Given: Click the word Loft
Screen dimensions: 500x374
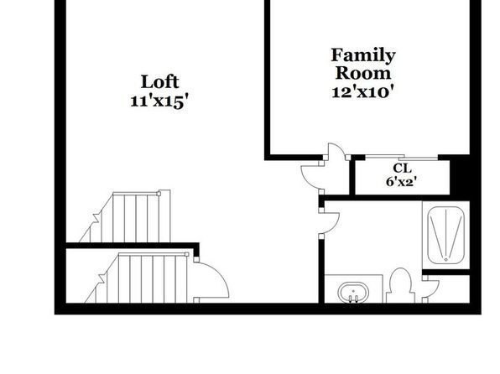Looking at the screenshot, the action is point(159,82).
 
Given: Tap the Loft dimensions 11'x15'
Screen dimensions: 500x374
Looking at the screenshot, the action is point(158,102).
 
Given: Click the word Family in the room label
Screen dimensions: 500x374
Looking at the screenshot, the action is point(363,56).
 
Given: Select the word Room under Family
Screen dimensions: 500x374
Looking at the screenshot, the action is point(363,73).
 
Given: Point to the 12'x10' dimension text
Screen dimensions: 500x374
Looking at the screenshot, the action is point(362,92).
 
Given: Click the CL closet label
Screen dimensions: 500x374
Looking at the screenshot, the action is point(402,168).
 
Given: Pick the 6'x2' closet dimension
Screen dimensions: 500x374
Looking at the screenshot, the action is point(402,182).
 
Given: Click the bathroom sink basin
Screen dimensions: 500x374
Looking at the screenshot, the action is point(354,292).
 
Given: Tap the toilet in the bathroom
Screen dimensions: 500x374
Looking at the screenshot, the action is point(401,285).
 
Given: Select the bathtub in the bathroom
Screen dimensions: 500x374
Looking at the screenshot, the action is point(445,236).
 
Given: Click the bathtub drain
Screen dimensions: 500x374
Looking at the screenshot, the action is point(445,259).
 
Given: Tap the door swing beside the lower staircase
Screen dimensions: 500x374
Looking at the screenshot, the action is point(211,279).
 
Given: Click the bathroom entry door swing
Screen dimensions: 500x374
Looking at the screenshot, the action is point(329,222).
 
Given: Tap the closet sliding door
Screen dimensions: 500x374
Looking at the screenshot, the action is point(402,157).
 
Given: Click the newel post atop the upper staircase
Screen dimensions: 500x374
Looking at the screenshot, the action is point(159,193).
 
